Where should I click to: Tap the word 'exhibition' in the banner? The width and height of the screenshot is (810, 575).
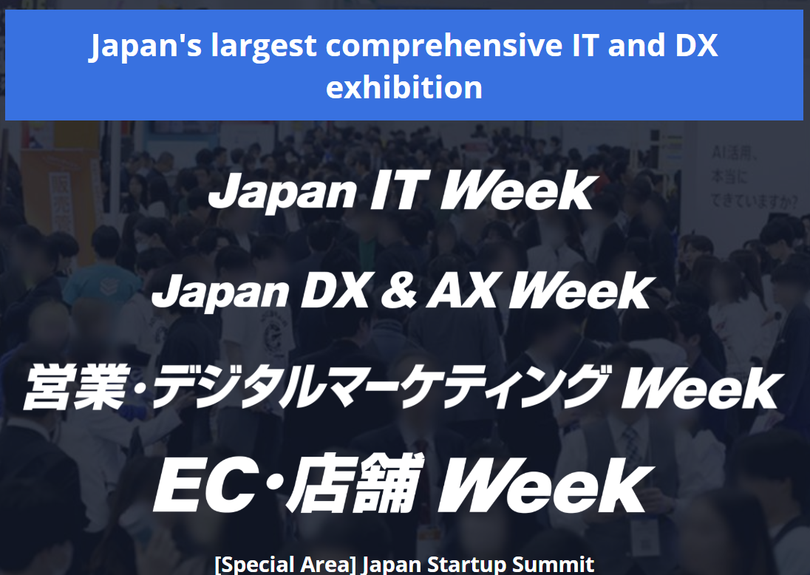tap(404, 87)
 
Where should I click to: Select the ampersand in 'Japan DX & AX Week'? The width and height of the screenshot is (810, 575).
tap(398, 290)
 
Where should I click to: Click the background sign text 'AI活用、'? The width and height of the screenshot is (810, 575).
tap(735, 154)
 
